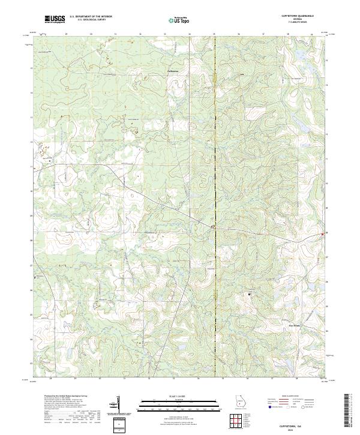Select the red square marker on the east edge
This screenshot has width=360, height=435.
(x=323, y=233)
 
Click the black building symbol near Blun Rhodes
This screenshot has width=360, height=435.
(x=250, y=294)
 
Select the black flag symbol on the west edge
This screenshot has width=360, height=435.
(x=36, y=277)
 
